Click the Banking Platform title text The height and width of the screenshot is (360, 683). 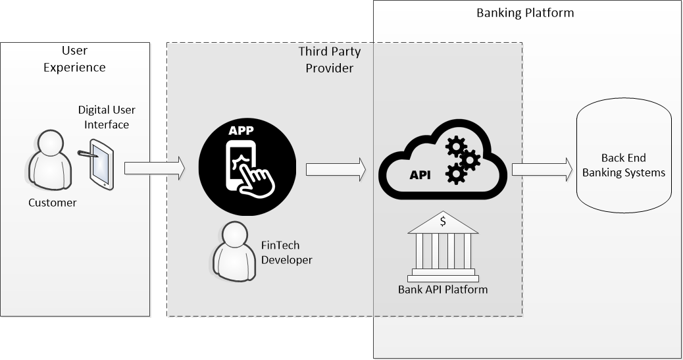coord(525,13)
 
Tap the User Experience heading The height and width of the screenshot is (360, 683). coord(74,59)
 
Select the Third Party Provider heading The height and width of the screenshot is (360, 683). coord(330,59)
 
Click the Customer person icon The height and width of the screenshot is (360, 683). coord(52,161)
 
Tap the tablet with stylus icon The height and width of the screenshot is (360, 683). coord(99,165)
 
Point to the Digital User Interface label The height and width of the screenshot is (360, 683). coord(107,116)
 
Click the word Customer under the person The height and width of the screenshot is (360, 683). coord(52,203)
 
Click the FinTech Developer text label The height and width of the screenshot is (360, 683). coord(286,253)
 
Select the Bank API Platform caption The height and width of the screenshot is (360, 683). coord(443,289)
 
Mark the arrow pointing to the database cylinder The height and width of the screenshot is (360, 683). coord(542,168)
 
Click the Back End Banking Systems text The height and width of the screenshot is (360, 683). coord(624,165)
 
